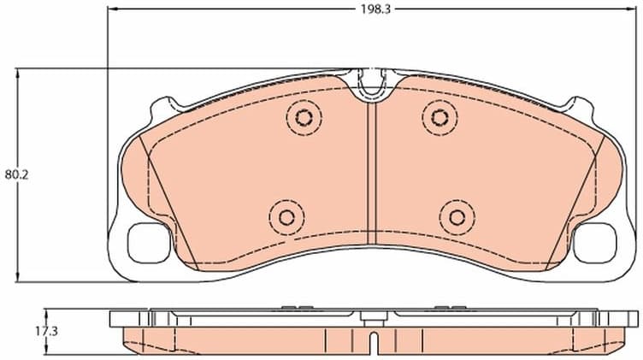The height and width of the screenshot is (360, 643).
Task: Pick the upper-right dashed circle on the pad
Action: [439, 116]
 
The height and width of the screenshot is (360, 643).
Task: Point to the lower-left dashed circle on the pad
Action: [285, 216]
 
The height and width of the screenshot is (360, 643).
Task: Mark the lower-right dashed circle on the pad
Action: [457, 216]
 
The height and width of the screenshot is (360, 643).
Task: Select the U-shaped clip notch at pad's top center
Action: [371, 84]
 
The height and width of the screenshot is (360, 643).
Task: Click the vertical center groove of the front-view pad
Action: [371, 171]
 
